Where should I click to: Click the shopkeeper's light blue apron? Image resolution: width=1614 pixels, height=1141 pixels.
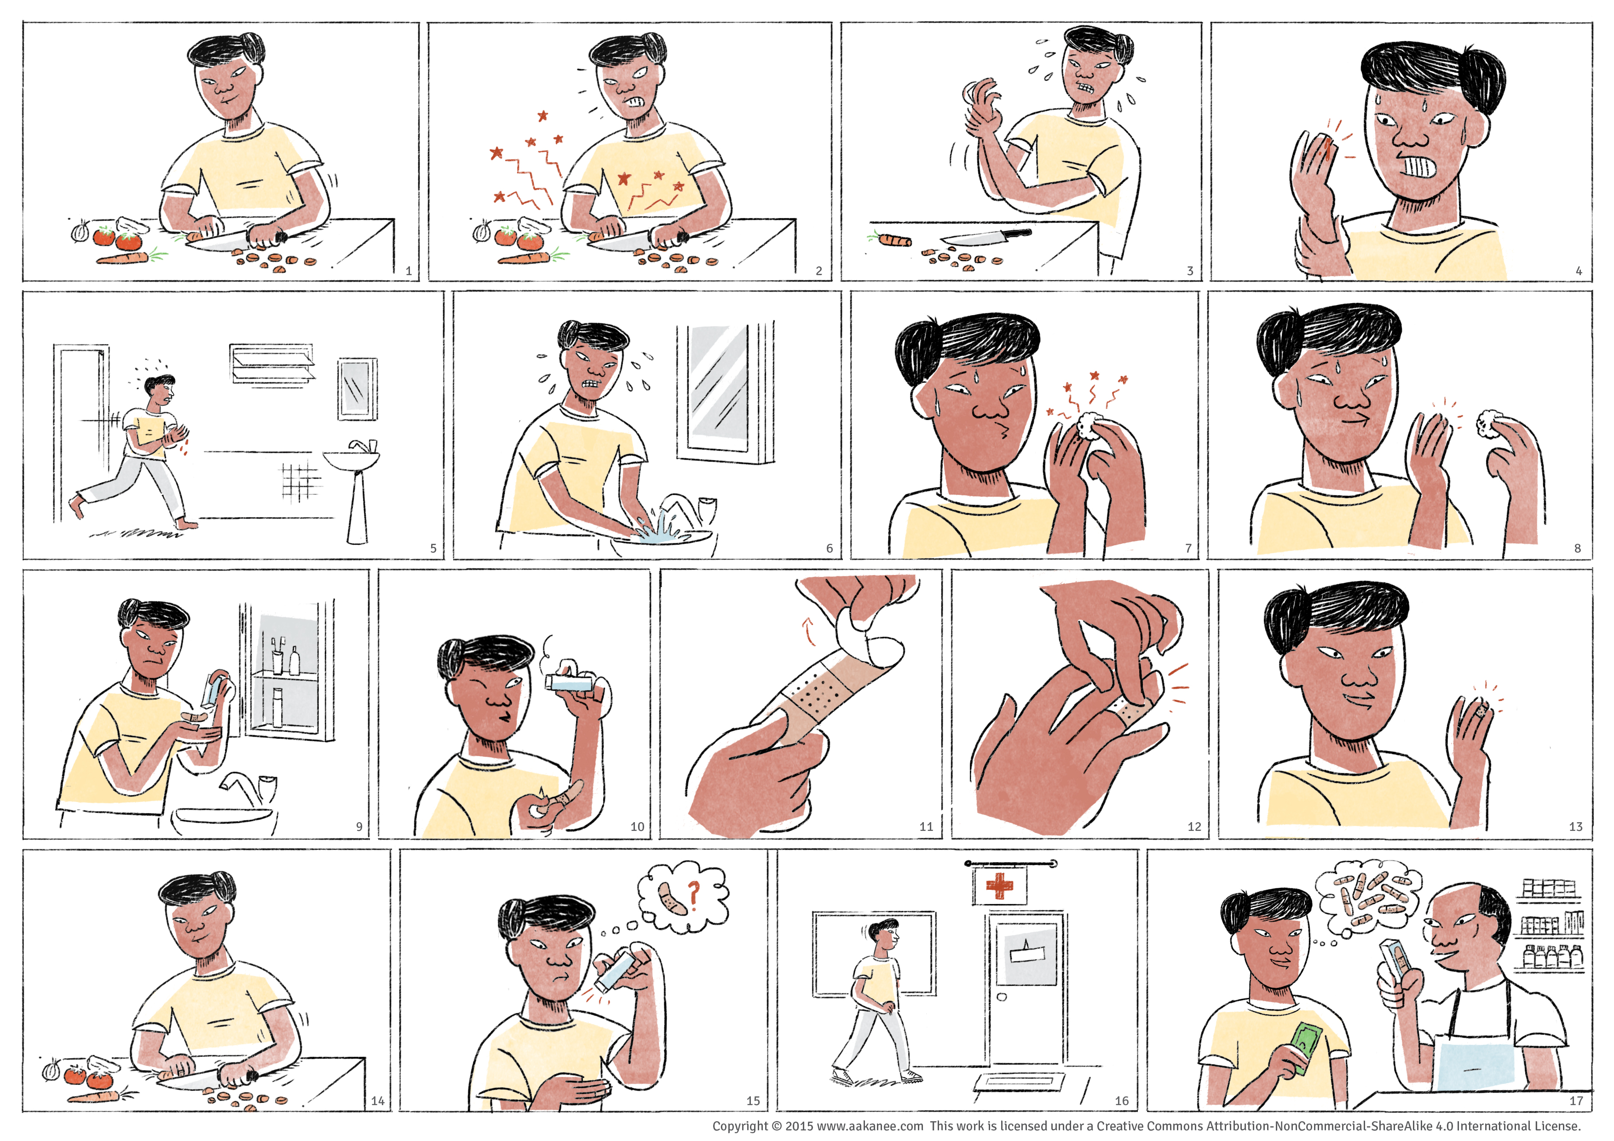coord(1473,1062)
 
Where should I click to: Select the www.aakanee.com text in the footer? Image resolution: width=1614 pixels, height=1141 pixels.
coord(870,1125)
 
